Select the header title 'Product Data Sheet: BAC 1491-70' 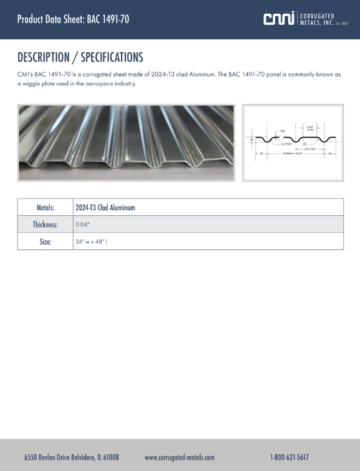[x=73, y=19]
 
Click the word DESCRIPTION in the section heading [x=43, y=57]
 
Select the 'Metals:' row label [x=45, y=207]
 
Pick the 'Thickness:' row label [x=45, y=225]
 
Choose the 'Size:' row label [x=45, y=241]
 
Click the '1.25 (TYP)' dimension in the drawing [x=309, y=149]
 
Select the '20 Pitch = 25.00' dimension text [x=293, y=153]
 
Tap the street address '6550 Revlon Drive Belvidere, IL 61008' [x=72, y=457]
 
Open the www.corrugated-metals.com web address [x=179, y=457]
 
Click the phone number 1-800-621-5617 [x=290, y=457]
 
